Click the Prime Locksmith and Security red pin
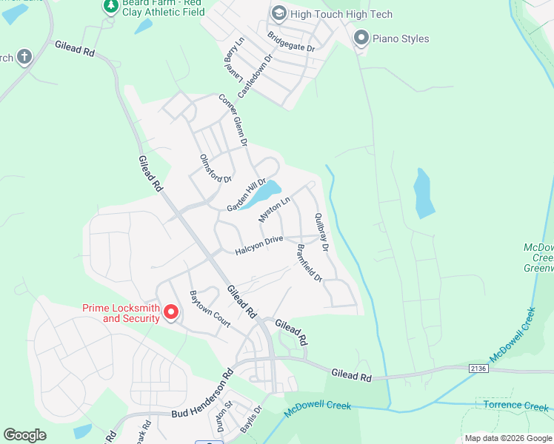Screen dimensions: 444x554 171,312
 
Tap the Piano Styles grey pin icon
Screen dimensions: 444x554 361,37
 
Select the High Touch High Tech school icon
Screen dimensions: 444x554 278,13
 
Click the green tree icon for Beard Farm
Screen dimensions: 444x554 110,6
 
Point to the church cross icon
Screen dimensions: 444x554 24,56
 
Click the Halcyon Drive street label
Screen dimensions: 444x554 259,246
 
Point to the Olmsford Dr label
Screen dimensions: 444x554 216,168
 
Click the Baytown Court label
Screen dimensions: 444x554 210,309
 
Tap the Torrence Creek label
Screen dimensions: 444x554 515,406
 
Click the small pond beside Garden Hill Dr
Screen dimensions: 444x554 263,194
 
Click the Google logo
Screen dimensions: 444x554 25,435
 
